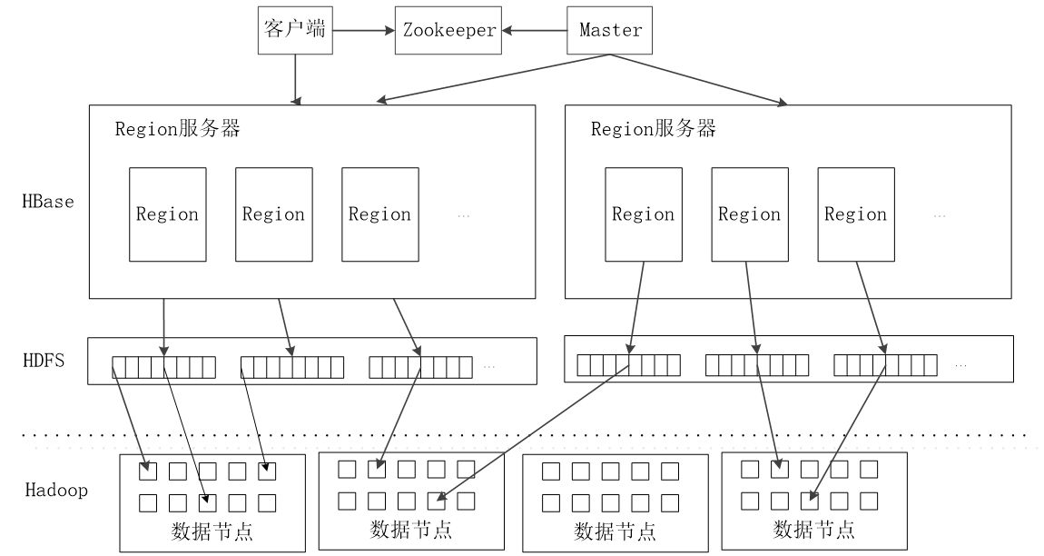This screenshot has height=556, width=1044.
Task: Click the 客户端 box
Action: pyautogui.click(x=294, y=29)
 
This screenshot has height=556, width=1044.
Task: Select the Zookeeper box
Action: pyautogui.click(x=449, y=29)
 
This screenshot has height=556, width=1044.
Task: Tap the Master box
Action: pyautogui.click(x=610, y=29)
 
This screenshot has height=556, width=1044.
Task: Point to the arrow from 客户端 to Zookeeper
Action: pyautogui.click(x=362, y=29)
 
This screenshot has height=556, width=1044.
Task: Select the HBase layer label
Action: pyautogui.click(x=48, y=201)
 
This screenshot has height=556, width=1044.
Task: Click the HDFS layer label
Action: pyautogui.click(x=43, y=361)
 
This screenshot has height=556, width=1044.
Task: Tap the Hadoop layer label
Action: pyautogui.click(x=55, y=491)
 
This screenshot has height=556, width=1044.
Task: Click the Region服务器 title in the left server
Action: pyautogui.click(x=178, y=129)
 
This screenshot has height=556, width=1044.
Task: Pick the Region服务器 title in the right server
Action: pyautogui.click(x=654, y=129)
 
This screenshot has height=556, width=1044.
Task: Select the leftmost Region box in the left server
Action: pyautogui.click(x=167, y=214)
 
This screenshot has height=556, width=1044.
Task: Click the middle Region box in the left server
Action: pyautogui.click(x=273, y=214)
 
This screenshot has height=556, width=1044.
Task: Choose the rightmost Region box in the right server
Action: pyautogui.click(x=855, y=214)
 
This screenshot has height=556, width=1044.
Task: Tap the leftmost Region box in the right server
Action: pyautogui.click(x=643, y=214)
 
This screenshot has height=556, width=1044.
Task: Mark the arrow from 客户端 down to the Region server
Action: pyautogui.click(x=294, y=77)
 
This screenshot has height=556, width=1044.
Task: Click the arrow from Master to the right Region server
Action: pyautogui.click(x=699, y=78)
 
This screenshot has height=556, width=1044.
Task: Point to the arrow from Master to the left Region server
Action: pyautogui.click(x=490, y=78)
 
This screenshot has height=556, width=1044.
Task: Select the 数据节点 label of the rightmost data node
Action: pyautogui.click(x=813, y=529)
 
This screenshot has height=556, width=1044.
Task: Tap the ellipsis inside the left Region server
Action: pyautogui.click(x=464, y=216)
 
